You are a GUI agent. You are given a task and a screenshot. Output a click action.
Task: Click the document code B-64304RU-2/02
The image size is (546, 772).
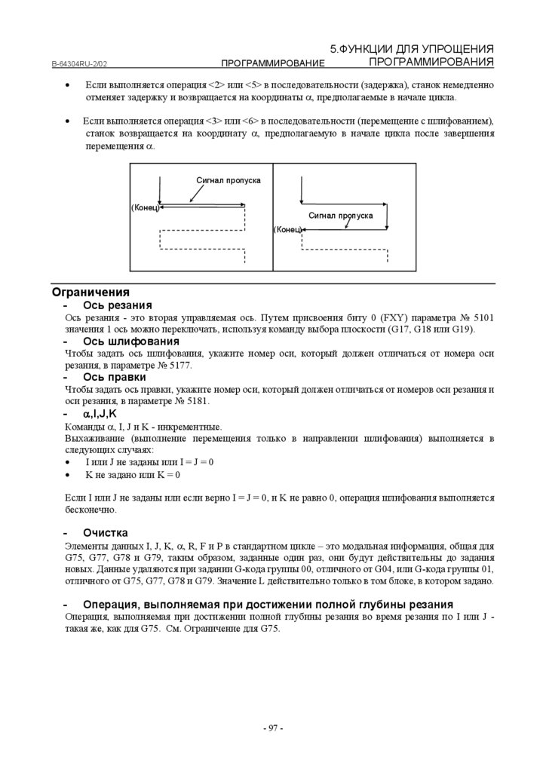coord(84,65)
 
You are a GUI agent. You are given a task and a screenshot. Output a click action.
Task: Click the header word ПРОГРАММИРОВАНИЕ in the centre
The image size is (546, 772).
coord(272,63)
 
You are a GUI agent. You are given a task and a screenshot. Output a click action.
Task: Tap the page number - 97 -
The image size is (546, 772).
coord(272,728)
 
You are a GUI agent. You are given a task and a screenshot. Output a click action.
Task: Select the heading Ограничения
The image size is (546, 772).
coord(90,292)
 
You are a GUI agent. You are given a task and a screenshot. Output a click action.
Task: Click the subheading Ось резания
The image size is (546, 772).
coord(118,305)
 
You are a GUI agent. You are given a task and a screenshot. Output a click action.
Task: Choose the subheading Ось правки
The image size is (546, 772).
coord(115,377)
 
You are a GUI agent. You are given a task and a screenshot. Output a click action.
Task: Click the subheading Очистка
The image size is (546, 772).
coord(106,532)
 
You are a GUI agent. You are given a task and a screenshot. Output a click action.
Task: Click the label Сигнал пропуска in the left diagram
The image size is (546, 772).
coord(229,180)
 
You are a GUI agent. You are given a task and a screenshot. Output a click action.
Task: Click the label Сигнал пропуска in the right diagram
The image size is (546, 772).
coord(340,216)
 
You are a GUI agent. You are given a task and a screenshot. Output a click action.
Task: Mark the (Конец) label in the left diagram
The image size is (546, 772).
coord(145,206)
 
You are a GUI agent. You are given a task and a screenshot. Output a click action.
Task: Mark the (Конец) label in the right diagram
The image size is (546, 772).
coord(287,228)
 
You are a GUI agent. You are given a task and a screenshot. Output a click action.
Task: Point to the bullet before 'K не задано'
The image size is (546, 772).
coord(69,476)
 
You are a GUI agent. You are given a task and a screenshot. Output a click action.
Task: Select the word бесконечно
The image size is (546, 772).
coord(89,510)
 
